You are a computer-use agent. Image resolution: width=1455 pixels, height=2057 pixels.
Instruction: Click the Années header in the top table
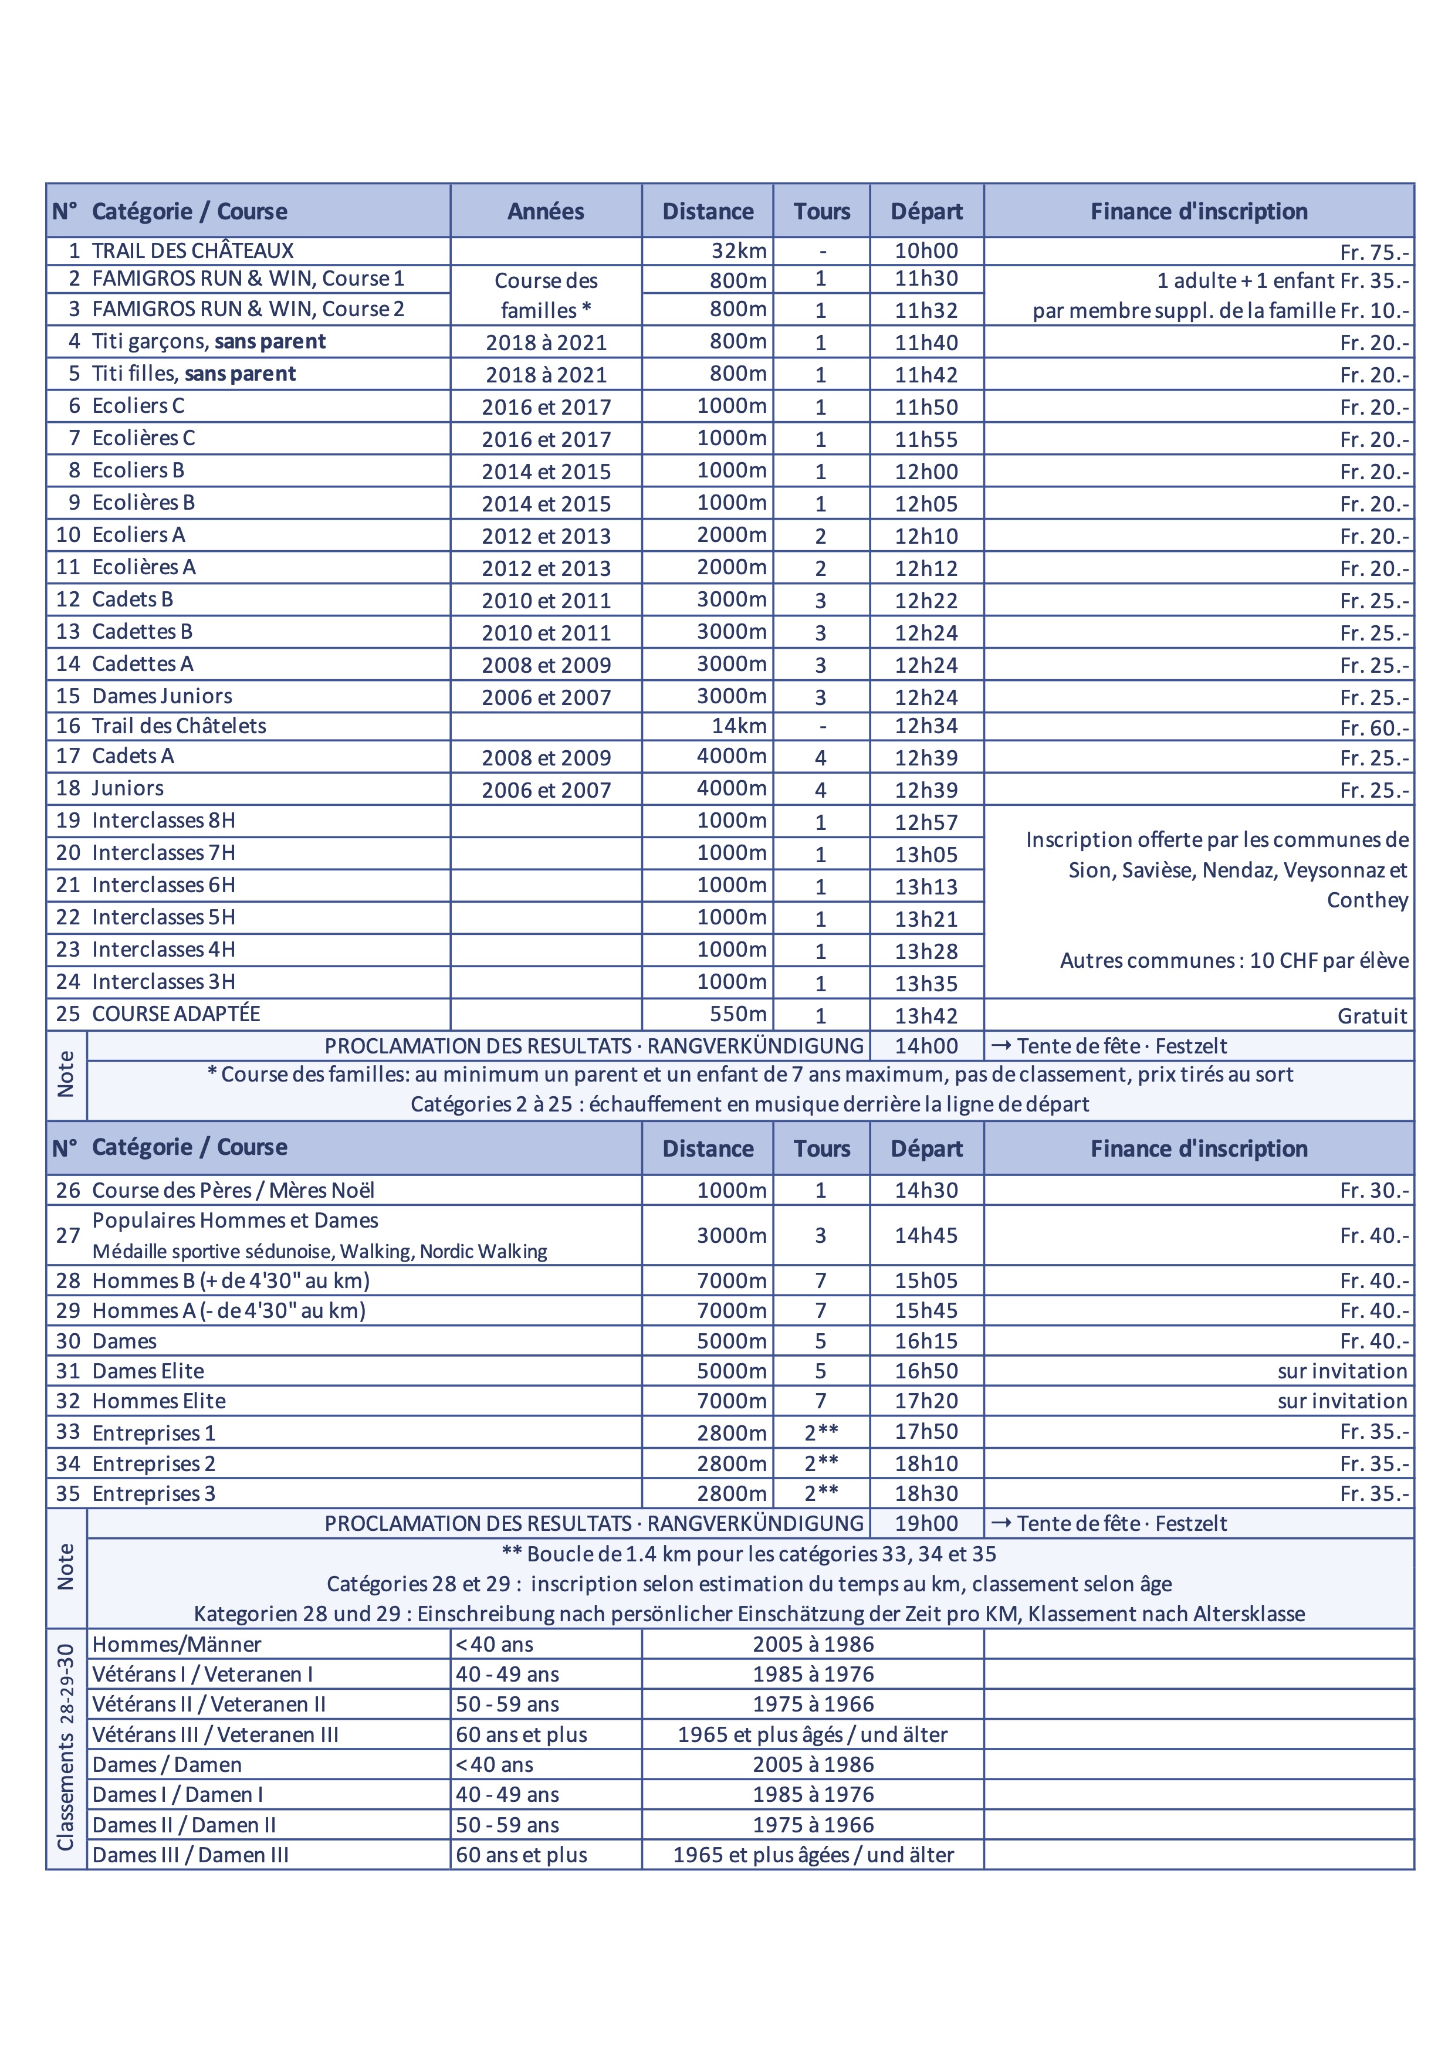click(x=546, y=211)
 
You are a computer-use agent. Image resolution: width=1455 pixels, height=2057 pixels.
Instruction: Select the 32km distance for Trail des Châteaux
click(x=739, y=251)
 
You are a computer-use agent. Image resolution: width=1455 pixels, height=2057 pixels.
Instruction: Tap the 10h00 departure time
click(x=926, y=251)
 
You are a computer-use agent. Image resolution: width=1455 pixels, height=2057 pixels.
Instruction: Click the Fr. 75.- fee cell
click(x=1373, y=253)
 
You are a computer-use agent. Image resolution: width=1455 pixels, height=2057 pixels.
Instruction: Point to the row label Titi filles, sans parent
click(x=194, y=374)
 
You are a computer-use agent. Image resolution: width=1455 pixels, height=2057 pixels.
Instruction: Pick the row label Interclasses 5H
click(x=163, y=917)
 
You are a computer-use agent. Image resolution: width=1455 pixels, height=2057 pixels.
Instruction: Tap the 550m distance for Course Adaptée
click(x=739, y=1014)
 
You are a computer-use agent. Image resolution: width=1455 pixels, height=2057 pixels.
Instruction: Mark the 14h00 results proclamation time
click(x=926, y=1046)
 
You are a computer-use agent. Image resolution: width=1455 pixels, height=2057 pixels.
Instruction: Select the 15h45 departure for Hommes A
click(x=926, y=1311)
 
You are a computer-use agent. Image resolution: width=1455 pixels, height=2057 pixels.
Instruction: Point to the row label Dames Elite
click(x=148, y=1371)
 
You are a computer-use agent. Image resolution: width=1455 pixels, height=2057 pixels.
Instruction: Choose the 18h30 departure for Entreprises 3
click(x=926, y=1493)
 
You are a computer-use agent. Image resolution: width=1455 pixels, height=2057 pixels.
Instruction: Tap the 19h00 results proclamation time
click(x=926, y=1524)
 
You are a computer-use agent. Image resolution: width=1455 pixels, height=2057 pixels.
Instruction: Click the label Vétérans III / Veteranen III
click(x=215, y=1734)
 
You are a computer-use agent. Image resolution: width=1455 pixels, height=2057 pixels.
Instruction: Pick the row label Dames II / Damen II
click(x=184, y=1825)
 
